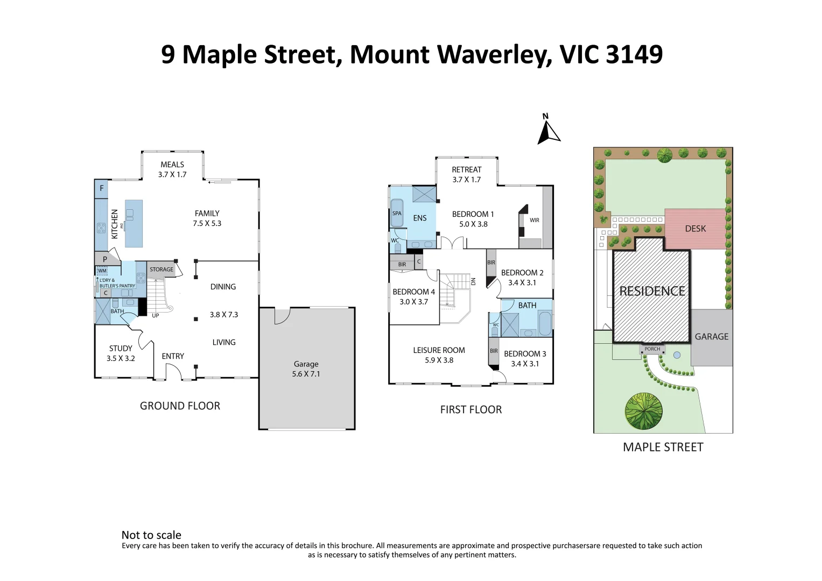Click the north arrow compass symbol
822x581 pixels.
[548, 131]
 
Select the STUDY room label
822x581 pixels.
[121, 349]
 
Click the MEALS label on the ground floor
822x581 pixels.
[172, 165]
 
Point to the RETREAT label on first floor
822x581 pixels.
[466, 169]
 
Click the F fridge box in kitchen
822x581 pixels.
[101, 189]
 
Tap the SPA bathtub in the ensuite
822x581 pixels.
[397, 214]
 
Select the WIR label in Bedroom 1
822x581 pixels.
[534, 220]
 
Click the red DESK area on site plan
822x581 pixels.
[695, 229]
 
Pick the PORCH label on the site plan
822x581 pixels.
[652, 349]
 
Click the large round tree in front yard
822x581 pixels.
[644, 412]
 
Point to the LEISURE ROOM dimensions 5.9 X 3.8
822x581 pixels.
[439, 360]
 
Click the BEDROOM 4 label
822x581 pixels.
[413, 292]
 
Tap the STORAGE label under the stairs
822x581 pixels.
[161, 270]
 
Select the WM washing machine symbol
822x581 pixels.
[102, 271]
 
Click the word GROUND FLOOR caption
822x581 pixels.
[180, 406]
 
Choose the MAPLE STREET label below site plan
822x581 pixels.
[663, 447]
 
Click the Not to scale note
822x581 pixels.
[151, 535]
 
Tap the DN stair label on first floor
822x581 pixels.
[474, 281]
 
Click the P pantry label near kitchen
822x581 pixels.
[105, 259]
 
